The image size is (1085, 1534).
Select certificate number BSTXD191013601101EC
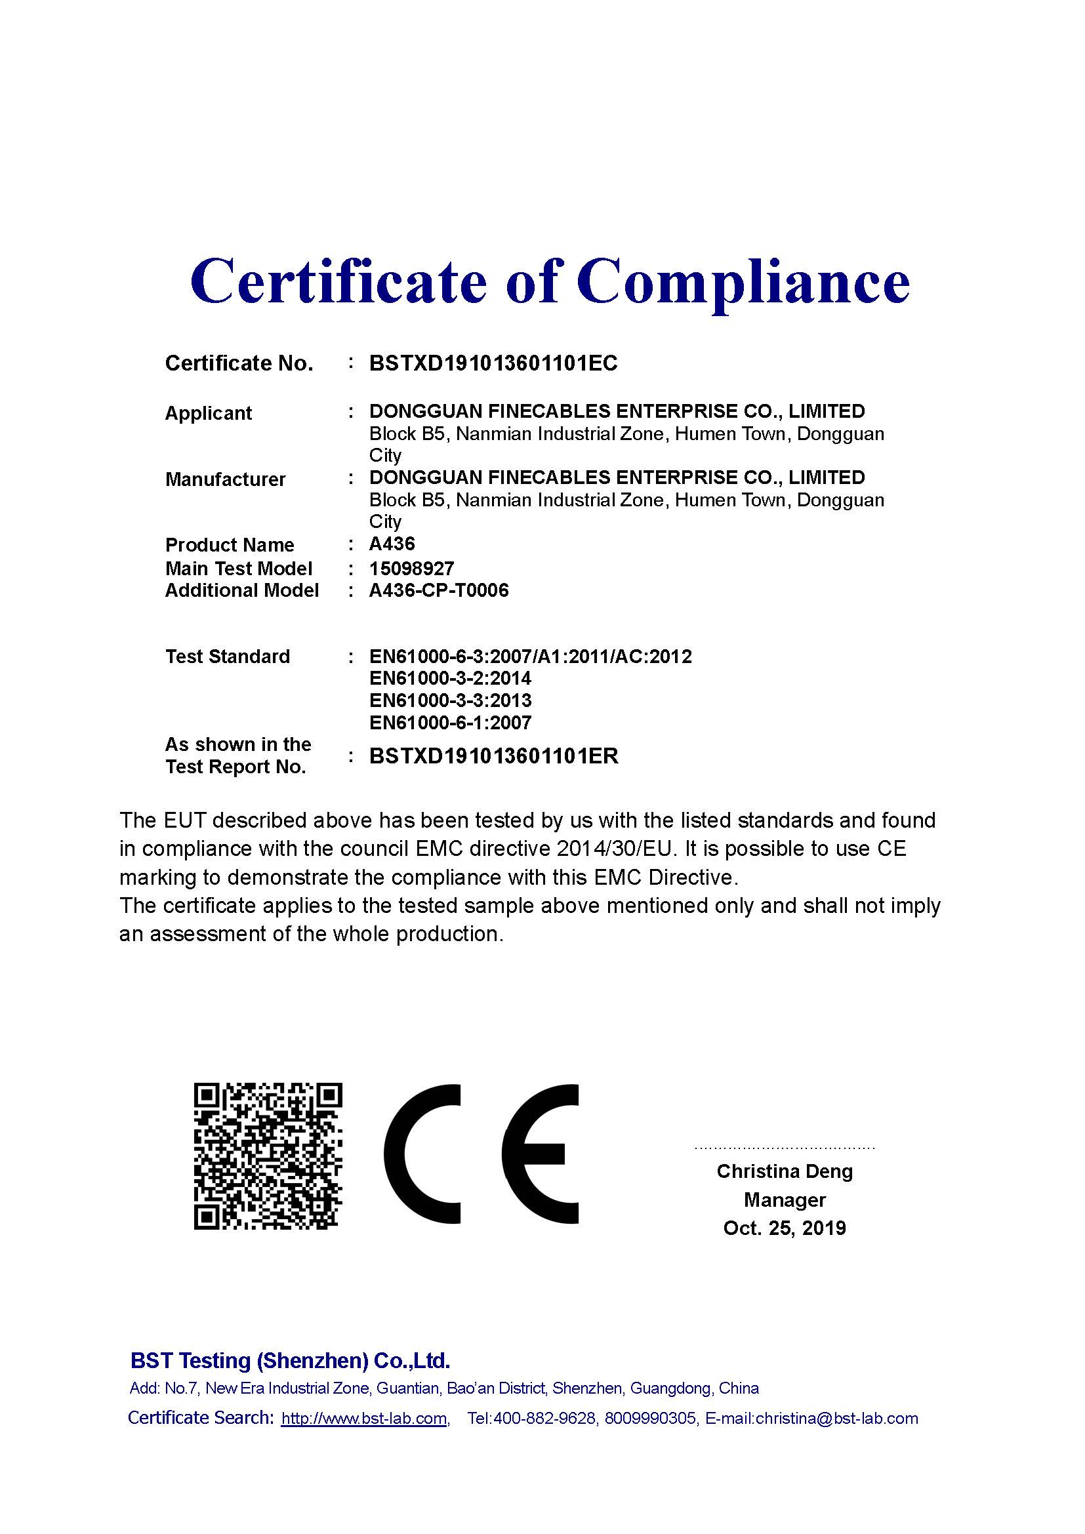493,363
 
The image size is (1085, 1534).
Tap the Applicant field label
209,413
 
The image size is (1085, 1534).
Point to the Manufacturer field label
225,479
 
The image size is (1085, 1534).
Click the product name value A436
392,544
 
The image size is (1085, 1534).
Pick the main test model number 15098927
411,568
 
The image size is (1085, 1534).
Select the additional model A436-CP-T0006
439,590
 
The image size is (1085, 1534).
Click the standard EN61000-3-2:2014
450,678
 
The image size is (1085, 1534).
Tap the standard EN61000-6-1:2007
450,722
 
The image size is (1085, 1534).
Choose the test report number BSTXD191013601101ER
494,756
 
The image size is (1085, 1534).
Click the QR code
268,1156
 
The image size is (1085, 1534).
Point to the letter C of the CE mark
422,1154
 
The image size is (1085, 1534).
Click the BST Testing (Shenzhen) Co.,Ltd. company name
290,1361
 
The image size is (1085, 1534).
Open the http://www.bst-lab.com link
364,1419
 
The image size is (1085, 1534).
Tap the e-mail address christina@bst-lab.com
836,1419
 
